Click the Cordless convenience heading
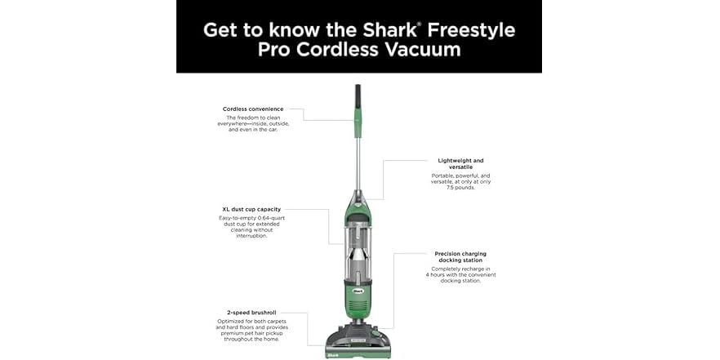(x=253, y=109)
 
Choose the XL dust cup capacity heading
(x=253, y=209)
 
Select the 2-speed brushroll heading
(x=253, y=313)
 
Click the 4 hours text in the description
(x=437, y=275)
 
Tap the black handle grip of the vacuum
(x=358, y=102)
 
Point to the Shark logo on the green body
(x=358, y=287)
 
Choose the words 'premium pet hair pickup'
(x=253, y=333)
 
